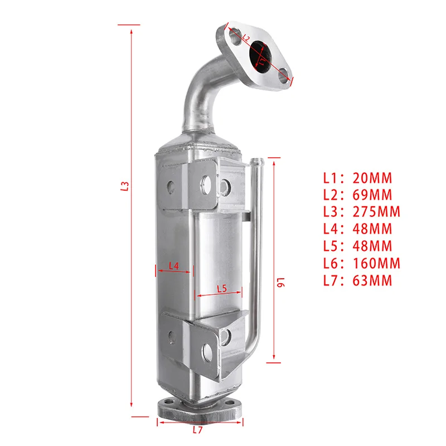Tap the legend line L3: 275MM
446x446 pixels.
[361, 212]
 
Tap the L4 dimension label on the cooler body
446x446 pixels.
[173, 266]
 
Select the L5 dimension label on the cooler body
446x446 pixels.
[221, 289]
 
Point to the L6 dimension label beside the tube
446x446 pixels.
[280, 283]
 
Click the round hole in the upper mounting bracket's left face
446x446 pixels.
[171, 186]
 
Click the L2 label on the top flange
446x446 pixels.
[245, 38]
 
